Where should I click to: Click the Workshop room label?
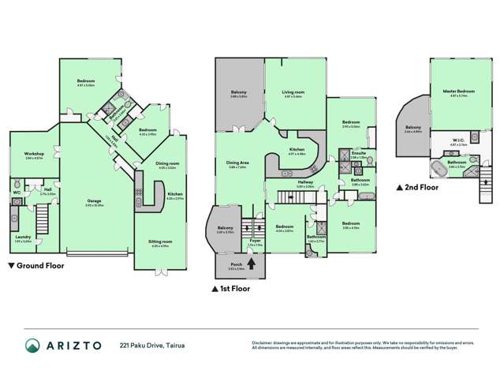click(33, 154)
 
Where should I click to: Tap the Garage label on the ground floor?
click(94, 201)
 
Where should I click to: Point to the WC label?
click(17, 192)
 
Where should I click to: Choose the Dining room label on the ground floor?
click(166, 164)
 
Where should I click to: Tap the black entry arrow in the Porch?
click(252, 265)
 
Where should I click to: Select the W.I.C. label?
click(457, 143)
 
